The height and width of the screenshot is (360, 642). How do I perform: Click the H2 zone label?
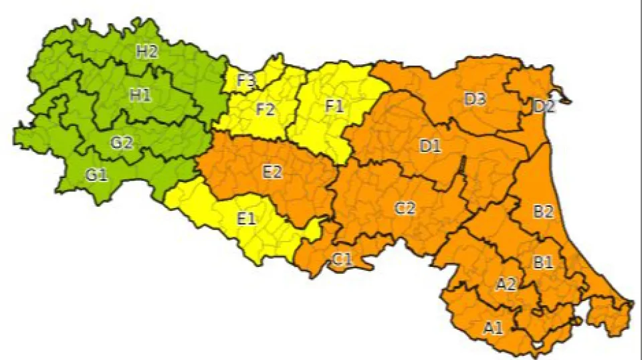click(x=147, y=52)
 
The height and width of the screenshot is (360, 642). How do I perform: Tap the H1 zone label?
click(x=140, y=95)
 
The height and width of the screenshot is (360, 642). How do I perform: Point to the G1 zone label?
click(x=96, y=176)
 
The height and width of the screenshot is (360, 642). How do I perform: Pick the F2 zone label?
click(x=265, y=109)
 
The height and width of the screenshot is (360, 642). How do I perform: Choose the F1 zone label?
click(x=334, y=105)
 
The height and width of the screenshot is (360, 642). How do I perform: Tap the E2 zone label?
click(x=272, y=172)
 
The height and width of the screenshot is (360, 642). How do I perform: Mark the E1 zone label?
click(x=246, y=218)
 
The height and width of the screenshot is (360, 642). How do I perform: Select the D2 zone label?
click(x=544, y=106)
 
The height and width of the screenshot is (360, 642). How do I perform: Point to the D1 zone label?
click(x=430, y=146)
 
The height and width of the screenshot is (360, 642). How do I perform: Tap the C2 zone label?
click(x=405, y=208)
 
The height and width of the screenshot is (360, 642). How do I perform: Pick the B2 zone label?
click(x=543, y=212)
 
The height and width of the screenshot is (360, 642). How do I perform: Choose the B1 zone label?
click(x=543, y=262)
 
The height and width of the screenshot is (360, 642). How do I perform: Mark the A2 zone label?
click(x=506, y=284)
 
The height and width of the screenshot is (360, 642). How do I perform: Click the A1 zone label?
click(x=493, y=327)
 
